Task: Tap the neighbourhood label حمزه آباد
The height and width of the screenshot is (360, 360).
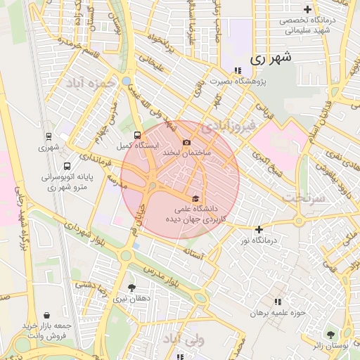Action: pos(90,83)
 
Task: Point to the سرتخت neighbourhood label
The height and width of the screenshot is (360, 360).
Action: pos(305,198)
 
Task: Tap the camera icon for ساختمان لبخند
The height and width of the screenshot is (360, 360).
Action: pos(186,143)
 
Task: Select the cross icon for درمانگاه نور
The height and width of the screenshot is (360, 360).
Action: pos(259,229)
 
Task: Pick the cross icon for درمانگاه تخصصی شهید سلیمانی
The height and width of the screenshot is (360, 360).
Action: pos(307,9)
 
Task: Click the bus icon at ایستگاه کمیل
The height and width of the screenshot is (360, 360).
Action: pos(136,136)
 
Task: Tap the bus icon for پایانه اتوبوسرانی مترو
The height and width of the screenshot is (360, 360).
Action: pos(67,167)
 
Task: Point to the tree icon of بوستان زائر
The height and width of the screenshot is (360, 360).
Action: pos(330,335)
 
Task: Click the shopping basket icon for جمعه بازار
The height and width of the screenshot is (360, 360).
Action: pos(47,316)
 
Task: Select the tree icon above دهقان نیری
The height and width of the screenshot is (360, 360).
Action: pos(131,288)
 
